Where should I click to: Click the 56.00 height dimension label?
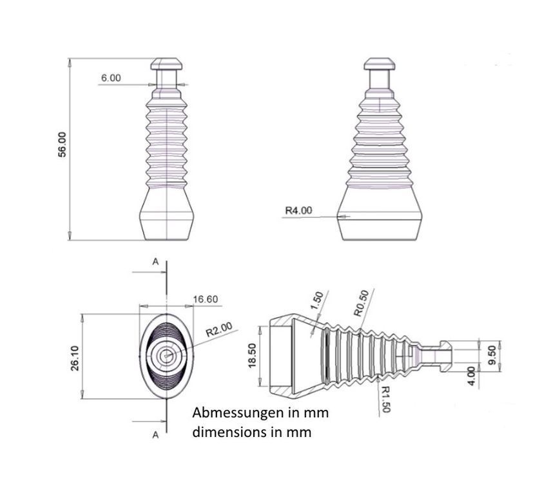tap(62, 144)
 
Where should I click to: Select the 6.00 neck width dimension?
tap(111, 78)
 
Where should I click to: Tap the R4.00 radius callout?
tap(298, 210)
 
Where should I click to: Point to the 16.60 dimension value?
tap(206, 299)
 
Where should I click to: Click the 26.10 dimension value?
tap(75, 358)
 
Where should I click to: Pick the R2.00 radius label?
tap(219, 329)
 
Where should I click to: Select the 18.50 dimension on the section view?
tap(252, 355)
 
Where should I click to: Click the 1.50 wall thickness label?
tap(316, 301)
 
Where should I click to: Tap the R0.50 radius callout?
tap(361, 303)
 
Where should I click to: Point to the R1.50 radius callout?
tap(385, 399)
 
